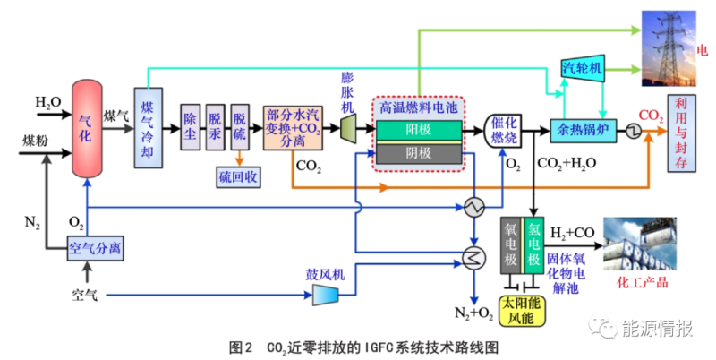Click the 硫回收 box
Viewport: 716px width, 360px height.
click(x=237, y=176)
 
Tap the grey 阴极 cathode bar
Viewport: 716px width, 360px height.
click(x=418, y=153)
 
